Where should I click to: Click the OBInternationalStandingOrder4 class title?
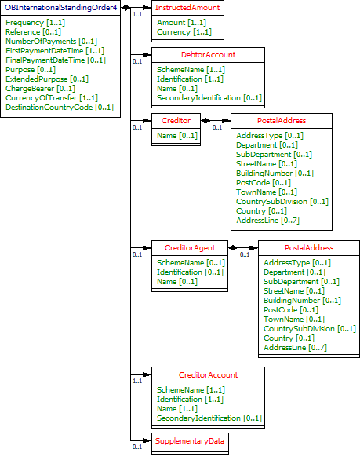pyautogui.click(x=61, y=7)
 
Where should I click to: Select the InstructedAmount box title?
pyautogui.click(x=186, y=7)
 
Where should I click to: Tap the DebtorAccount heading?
pyautogui.click(x=208, y=54)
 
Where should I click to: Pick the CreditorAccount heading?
pyautogui.click(x=208, y=375)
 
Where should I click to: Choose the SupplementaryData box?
pyautogui.click(x=189, y=440)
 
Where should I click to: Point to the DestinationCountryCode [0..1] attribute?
pyautogui.click(x=60, y=107)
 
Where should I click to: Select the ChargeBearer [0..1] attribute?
pyautogui.click(x=40, y=88)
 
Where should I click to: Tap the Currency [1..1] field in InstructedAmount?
pyautogui.click(x=184, y=32)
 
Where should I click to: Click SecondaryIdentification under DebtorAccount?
pyautogui.click(x=209, y=98)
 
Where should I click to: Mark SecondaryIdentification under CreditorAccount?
pyautogui.click(x=209, y=418)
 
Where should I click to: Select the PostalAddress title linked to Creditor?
pyautogui.click(x=282, y=121)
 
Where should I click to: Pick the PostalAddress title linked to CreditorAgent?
pyautogui.click(x=309, y=247)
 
